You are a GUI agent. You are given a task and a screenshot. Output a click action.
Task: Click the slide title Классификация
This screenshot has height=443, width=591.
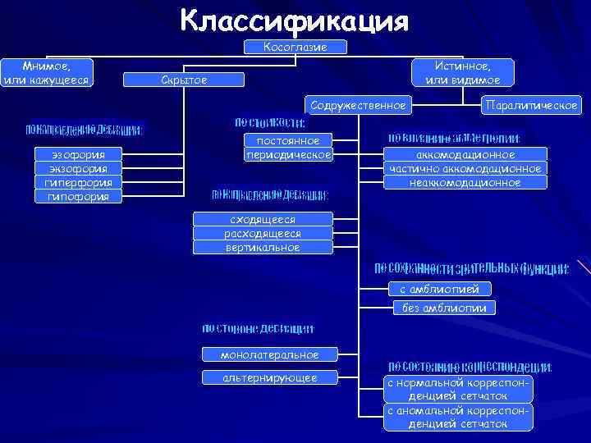(295, 21)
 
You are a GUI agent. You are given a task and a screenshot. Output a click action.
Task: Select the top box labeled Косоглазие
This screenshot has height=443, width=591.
(295, 48)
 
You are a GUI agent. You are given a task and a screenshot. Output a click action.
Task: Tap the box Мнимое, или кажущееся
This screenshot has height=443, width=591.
(48, 71)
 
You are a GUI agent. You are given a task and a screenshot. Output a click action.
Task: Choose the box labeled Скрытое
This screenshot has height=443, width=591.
(185, 80)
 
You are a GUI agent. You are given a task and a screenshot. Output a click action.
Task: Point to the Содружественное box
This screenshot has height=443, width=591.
(358, 105)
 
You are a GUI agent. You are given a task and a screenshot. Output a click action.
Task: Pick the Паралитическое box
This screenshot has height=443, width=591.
(532, 105)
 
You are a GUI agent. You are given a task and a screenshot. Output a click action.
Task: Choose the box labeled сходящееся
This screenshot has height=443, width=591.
(263, 219)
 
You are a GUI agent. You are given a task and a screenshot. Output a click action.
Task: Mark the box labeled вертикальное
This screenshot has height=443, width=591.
(263, 247)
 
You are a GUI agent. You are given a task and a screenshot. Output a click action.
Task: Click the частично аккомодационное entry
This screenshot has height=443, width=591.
(465, 168)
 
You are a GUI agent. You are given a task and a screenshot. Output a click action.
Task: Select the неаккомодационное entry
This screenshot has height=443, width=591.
(465, 182)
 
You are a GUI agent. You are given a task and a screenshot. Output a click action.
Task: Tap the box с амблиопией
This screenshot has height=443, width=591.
(445, 288)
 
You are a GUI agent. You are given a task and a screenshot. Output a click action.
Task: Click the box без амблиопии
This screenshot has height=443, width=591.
(445, 308)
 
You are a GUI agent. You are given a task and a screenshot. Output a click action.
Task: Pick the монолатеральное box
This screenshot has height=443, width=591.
(270, 354)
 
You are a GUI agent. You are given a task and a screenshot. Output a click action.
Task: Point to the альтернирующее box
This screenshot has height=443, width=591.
(270, 377)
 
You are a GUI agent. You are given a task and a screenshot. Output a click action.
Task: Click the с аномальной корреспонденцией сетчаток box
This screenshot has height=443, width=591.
(460, 417)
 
